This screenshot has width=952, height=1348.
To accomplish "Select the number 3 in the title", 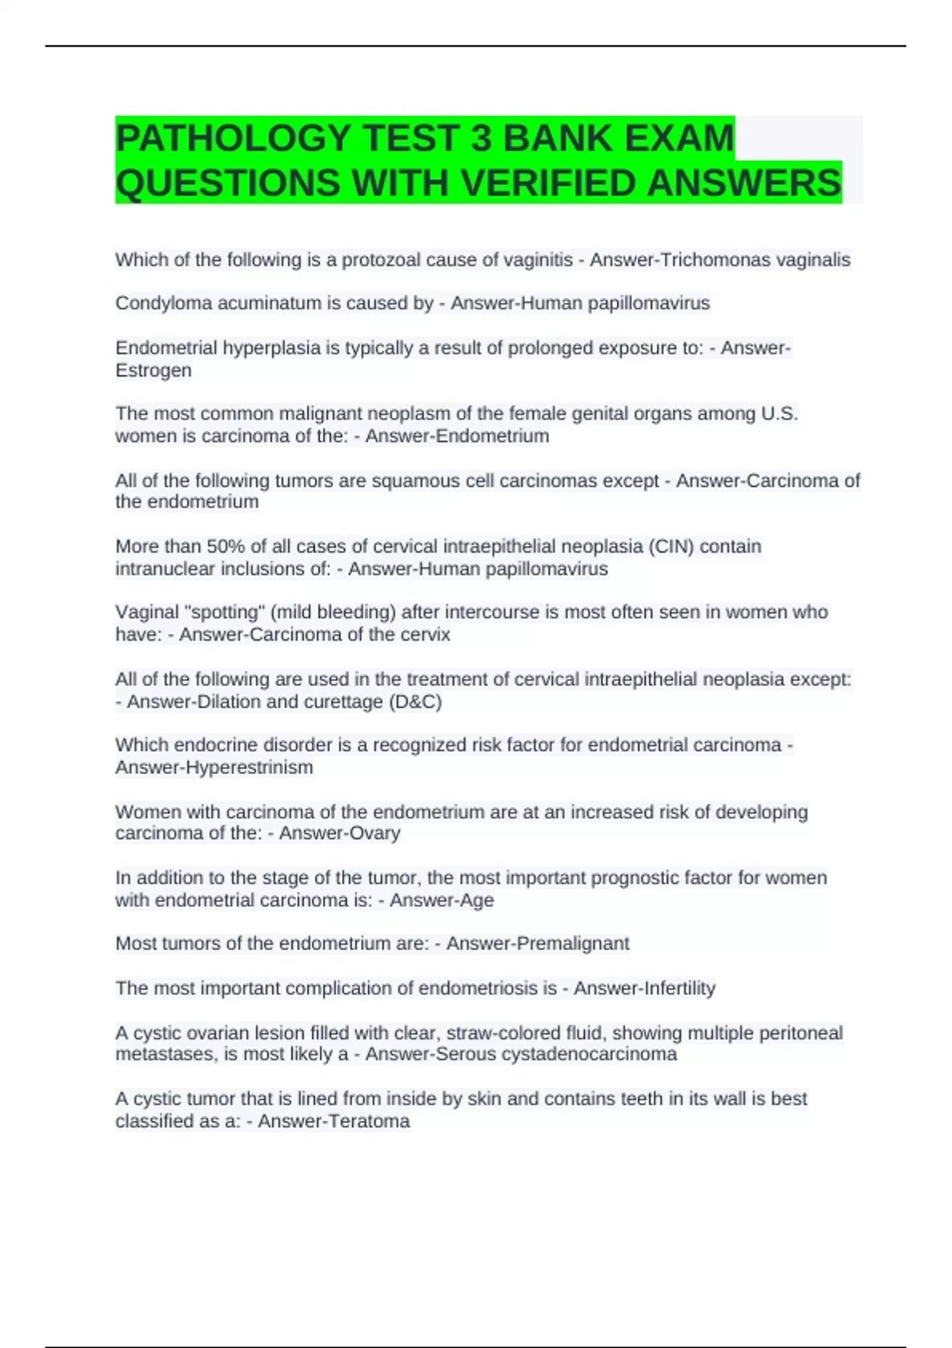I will [x=481, y=139].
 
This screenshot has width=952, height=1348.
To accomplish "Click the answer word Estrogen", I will [x=153, y=370].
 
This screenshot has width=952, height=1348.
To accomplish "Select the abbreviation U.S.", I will [x=779, y=414].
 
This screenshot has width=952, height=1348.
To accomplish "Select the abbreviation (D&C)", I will [x=416, y=702].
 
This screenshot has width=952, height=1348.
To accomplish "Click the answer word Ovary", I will [x=377, y=833].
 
